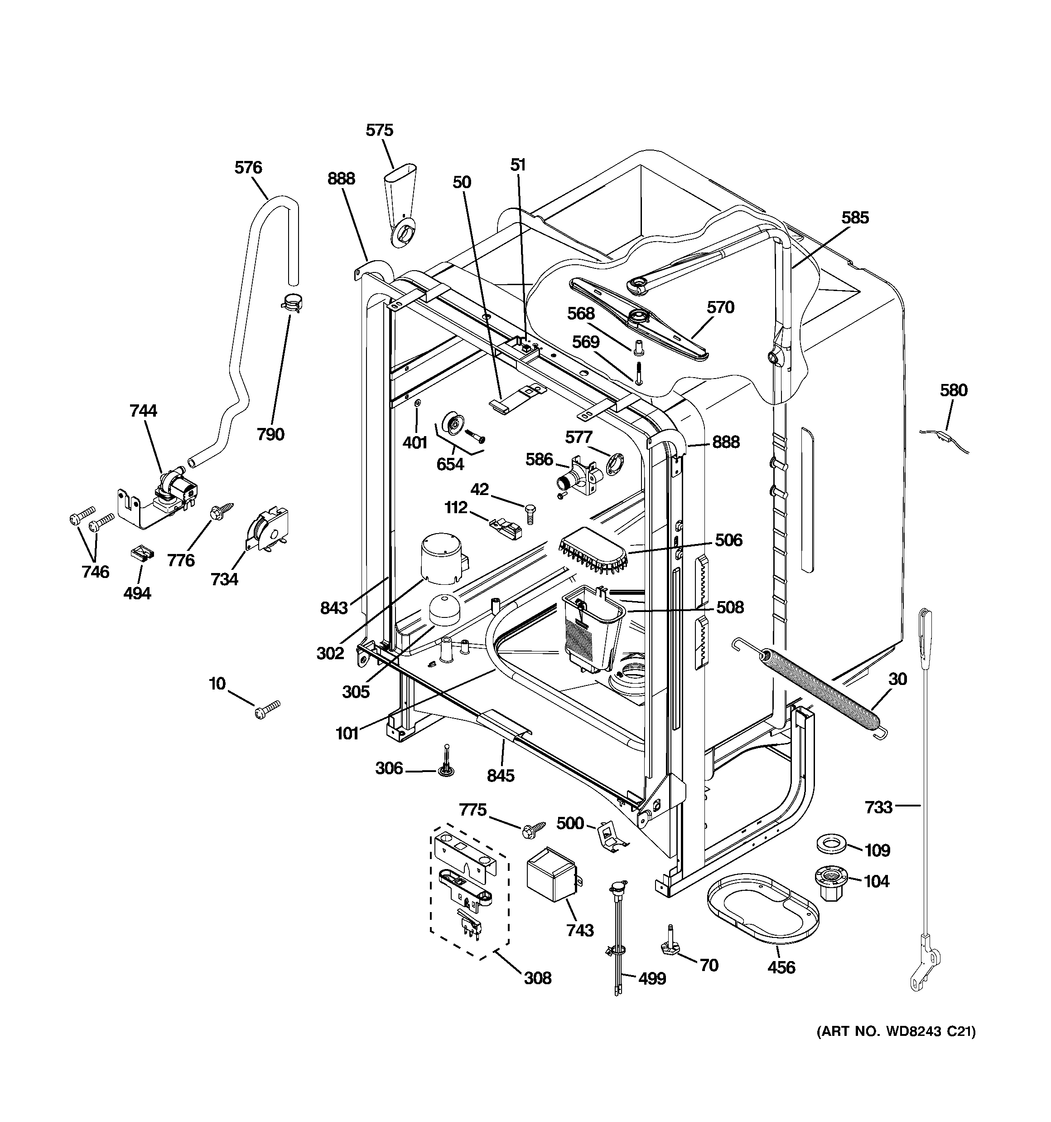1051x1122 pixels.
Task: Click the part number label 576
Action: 248,168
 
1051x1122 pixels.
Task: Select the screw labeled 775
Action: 533,829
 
